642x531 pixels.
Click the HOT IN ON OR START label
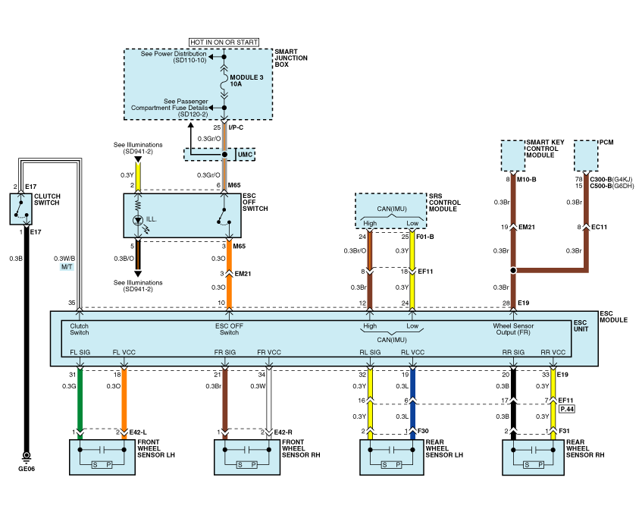224,42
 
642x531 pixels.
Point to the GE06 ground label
27,469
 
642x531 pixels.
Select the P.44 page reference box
567,408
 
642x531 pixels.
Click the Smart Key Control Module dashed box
513,156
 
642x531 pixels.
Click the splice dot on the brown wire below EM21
513,269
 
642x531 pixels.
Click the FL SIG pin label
80,351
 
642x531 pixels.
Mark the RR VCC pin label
552,351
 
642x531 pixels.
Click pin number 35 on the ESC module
72,303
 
